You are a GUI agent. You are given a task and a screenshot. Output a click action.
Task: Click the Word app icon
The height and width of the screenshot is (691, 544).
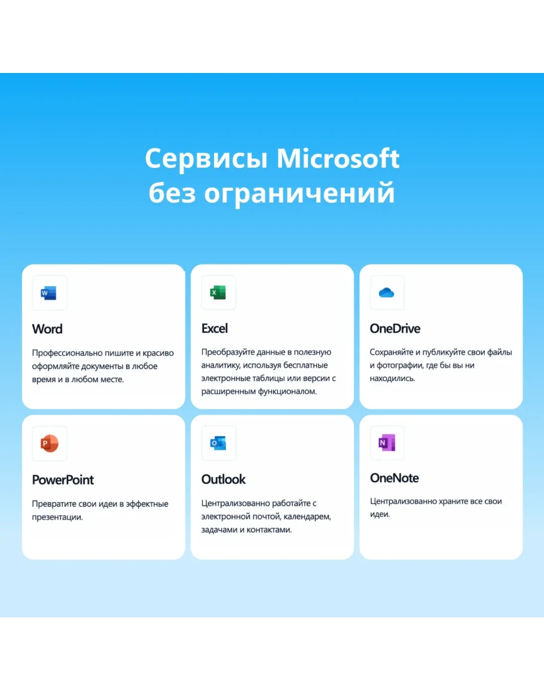[x=49, y=293]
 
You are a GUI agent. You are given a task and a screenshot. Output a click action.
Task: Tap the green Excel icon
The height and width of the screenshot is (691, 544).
[x=218, y=293]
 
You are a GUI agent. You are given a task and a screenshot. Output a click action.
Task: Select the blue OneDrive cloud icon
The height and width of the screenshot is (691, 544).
[x=386, y=293]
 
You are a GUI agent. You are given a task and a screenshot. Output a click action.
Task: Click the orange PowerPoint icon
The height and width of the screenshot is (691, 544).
[x=50, y=443]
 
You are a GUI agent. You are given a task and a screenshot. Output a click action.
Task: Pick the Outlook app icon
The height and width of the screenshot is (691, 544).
[x=218, y=443]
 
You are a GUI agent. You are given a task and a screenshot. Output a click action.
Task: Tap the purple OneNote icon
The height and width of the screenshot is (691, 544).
[x=387, y=443]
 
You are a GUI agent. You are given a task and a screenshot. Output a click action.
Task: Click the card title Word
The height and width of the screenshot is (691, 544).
[x=47, y=329]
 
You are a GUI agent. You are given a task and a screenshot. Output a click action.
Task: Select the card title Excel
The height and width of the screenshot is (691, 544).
[x=215, y=328]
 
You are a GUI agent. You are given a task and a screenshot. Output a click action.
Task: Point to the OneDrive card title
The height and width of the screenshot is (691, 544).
[x=395, y=328]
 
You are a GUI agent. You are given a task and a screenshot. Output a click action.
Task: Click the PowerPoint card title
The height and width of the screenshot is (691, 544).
[x=63, y=479]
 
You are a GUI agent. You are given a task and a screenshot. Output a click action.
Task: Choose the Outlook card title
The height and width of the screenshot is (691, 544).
[x=224, y=479]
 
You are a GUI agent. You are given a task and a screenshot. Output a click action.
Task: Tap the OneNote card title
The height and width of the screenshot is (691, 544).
[x=394, y=477]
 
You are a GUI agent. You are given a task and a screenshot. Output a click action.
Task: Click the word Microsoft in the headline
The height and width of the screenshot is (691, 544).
[x=338, y=158]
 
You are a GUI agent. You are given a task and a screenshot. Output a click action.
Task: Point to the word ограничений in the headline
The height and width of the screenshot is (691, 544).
[x=299, y=193]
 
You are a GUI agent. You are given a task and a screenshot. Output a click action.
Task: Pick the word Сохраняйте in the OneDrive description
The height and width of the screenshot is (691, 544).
[x=391, y=352]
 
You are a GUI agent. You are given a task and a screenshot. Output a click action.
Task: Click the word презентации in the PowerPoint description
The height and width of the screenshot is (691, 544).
[x=57, y=517]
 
